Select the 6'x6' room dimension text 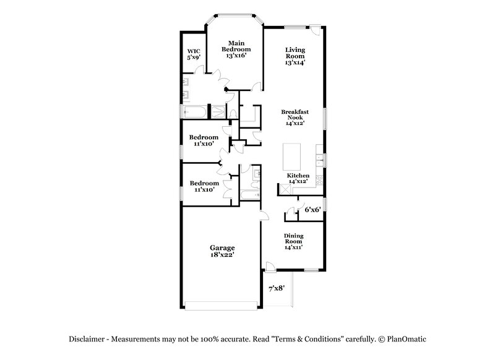click(312, 210)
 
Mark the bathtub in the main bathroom click(194, 112)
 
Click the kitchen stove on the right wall click(320, 181)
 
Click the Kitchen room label click(298, 176)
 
